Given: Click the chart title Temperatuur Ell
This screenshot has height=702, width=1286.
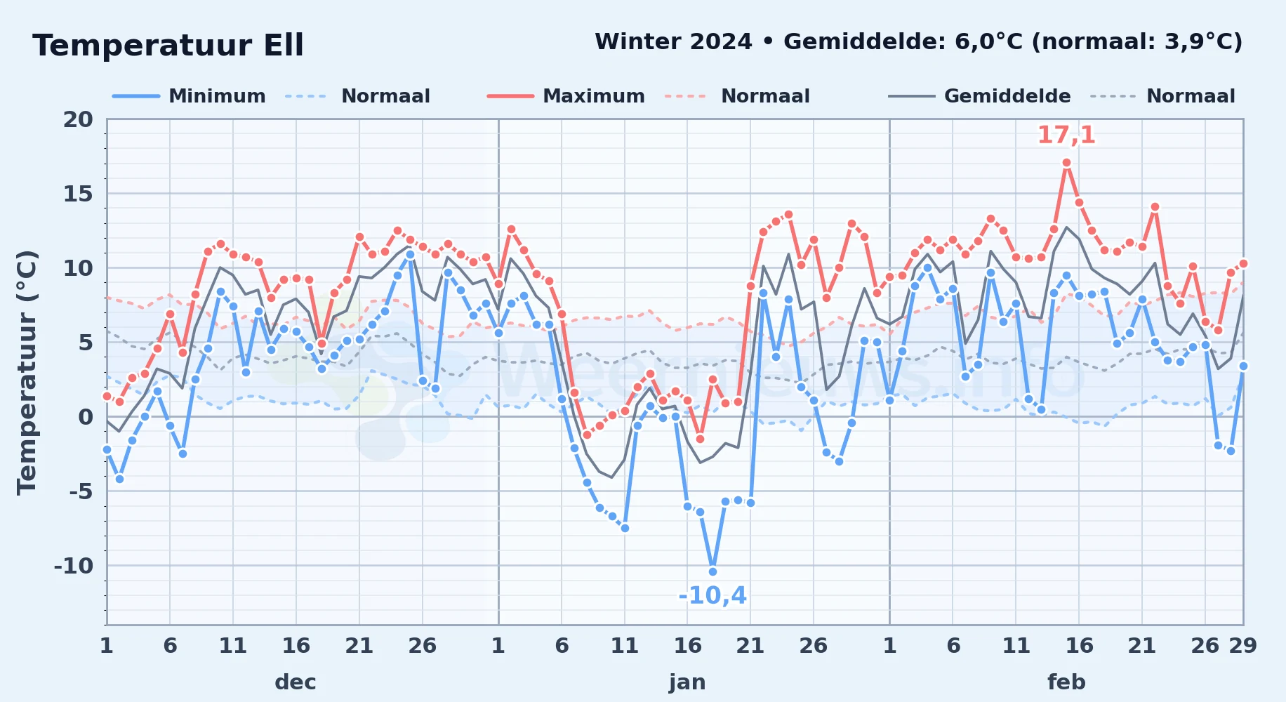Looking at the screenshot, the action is (x=168, y=46).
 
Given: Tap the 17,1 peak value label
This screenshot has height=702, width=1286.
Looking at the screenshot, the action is (x=1066, y=135).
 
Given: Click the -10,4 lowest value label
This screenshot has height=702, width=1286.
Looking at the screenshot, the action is (x=712, y=596).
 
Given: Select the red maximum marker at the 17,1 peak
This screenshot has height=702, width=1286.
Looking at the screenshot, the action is (x=1066, y=163).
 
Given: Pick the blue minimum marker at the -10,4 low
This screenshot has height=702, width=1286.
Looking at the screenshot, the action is (x=712, y=571).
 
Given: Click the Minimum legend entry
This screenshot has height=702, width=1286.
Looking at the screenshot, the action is (x=189, y=96).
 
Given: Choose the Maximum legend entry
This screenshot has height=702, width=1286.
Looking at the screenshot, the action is (x=566, y=96).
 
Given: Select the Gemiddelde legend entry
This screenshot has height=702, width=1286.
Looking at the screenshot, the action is (x=979, y=96).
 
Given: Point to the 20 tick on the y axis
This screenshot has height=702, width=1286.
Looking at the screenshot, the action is (x=78, y=119).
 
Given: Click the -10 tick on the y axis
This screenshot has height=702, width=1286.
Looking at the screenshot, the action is (x=73, y=566).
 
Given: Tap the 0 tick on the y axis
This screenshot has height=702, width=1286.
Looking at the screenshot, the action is (x=86, y=417).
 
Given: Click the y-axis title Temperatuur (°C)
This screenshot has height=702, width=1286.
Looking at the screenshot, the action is (x=27, y=372).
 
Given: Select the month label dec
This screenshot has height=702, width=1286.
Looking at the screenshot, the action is (x=296, y=682).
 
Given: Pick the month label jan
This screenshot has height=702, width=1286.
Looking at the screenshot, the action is (x=687, y=682).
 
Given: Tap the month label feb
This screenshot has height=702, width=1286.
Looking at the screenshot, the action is (x=1066, y=682).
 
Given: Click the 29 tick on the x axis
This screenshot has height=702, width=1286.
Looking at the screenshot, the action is (x=1242, y=646).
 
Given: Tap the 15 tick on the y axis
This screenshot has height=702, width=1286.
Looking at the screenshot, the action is (x=78, y=194).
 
